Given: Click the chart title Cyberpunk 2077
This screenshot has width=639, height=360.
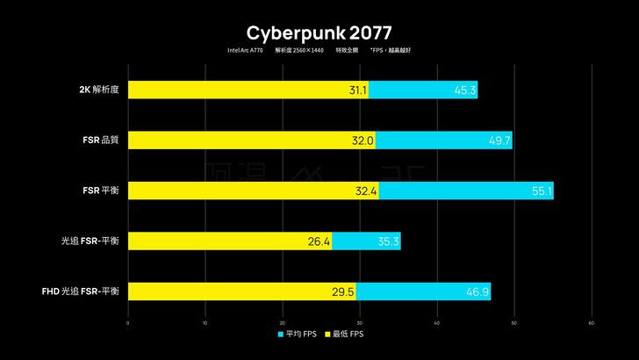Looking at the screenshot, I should (x=319, y=33).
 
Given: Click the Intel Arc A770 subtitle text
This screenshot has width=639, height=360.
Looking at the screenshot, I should (x=245, y=51).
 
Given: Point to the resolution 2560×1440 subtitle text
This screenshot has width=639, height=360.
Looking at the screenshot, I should (x=300, y=51).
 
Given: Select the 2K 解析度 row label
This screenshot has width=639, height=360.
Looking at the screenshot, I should (x=103, y=89).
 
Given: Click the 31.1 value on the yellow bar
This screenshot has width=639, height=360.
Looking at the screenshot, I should (x=357, y=90).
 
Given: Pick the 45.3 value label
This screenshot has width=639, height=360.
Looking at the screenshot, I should (x=465, y=90).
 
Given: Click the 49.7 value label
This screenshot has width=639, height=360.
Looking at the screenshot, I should (x=499, y=140).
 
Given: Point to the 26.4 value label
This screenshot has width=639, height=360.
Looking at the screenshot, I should (x=319, y=241).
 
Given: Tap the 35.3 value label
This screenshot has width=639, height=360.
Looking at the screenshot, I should (x=388, y=241).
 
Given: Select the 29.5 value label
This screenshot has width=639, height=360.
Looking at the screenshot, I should (x=343, y=292).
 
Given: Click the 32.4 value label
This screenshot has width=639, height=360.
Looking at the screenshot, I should (x=366, y=191).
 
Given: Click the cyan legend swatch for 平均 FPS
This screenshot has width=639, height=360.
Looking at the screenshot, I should (x=281, y=335).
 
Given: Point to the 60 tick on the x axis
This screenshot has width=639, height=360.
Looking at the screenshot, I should (x=591, y=323).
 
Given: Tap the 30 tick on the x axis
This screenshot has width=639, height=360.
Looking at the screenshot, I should (x=360, y=323).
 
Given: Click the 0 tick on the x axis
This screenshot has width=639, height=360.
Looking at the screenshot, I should (x=128, y=323).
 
